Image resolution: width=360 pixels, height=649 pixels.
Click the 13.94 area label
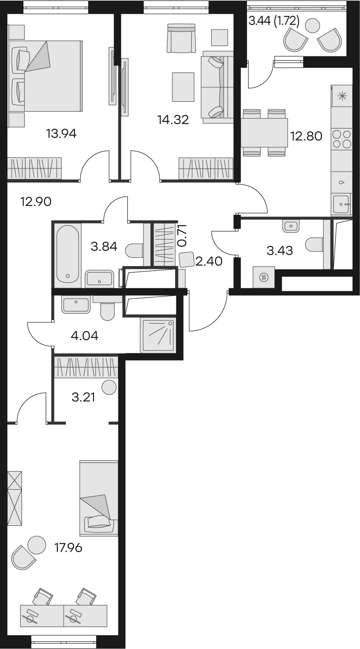[x=61, y=134]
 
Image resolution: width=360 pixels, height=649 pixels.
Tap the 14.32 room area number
[x=173, y=120]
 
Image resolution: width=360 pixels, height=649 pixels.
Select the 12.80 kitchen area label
[x=306, y=136]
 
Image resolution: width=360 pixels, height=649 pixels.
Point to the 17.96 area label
[x=69, y=548]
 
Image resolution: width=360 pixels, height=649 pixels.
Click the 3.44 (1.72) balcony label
[x=274, y=21]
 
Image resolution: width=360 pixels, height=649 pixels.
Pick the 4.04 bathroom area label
[x=84, y=336]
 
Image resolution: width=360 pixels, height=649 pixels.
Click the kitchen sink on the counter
[x=342, y=204]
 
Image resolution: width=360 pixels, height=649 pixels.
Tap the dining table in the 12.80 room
[x=264, y=132]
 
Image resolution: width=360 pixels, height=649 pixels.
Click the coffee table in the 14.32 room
[x=183, y=87]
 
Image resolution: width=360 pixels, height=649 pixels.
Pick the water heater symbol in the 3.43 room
[x=264, y=277]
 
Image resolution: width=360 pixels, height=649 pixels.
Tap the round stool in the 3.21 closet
[x=109, y=387]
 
